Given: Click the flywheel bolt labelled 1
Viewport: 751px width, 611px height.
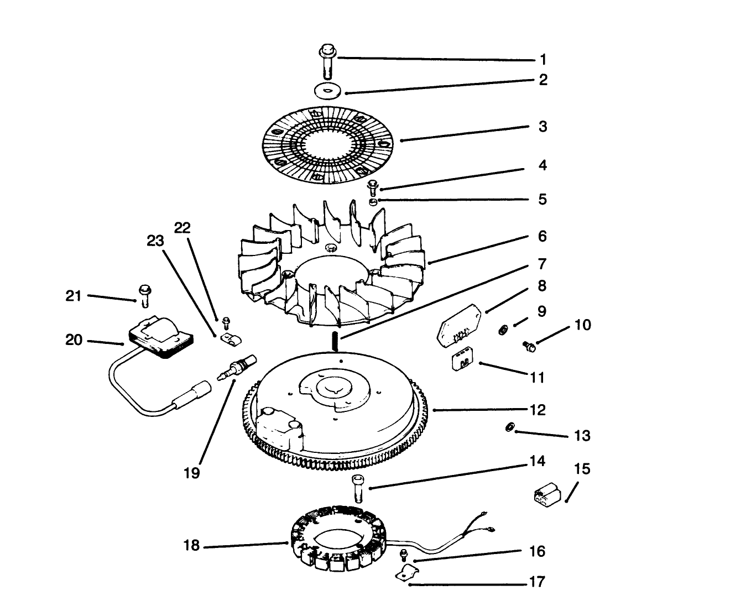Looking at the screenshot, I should click(327, 64).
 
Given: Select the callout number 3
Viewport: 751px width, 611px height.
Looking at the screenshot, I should click(543, 127).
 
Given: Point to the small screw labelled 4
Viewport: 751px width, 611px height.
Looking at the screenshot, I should click(373, 187).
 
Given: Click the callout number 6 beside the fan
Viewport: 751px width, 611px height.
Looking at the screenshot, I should click(542, 237).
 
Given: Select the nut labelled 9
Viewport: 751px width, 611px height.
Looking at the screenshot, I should click(503, 330).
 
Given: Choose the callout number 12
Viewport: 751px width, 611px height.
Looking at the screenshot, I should click(537, 410).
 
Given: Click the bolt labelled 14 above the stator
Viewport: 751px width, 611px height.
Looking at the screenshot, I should click(357, 488).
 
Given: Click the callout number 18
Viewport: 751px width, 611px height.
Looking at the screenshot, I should click(191, 545).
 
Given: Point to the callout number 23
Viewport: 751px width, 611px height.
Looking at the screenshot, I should click(155, 241).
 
